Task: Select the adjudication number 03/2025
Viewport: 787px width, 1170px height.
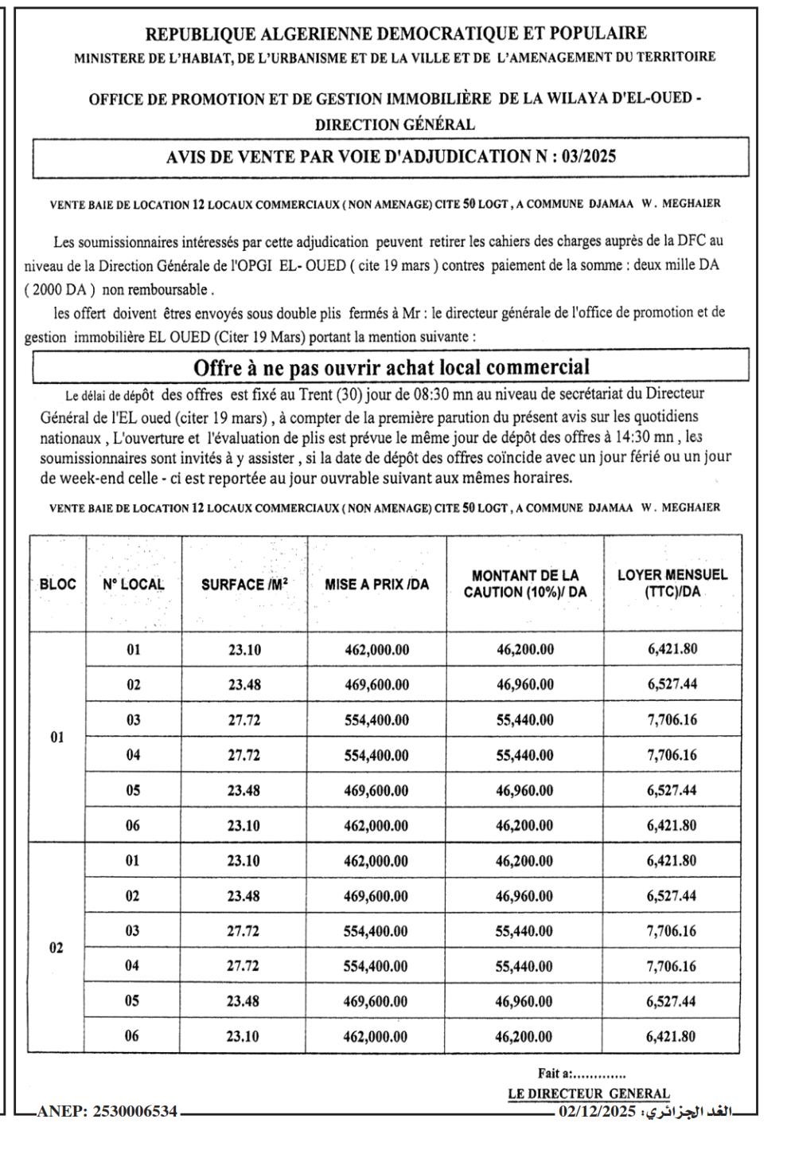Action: (588, 157)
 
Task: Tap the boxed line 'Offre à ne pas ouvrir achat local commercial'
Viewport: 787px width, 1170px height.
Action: (392, 367)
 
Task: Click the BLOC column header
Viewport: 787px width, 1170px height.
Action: (57, 584)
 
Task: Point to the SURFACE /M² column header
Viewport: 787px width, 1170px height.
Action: (244, 584)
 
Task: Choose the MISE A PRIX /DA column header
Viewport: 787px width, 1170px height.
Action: (376, 584)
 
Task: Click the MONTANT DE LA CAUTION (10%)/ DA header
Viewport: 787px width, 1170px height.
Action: (524, 584)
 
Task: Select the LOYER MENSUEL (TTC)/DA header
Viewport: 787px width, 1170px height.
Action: (672, 584)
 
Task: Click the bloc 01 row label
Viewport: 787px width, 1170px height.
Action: (57, 738)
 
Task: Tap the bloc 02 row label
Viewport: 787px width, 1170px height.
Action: (56, 949)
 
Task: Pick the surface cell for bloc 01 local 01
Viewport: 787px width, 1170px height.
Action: (244, 649)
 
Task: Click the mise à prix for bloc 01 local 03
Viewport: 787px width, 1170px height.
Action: (376, 720)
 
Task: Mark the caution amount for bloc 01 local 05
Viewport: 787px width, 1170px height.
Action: (524, 791)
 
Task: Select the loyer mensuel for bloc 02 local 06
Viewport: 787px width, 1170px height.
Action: (672, 1036)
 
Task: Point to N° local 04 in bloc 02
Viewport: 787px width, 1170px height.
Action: (133, 966)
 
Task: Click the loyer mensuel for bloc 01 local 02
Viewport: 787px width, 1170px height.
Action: (672, 684)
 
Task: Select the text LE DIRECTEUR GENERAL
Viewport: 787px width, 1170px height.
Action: (589, 1094)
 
